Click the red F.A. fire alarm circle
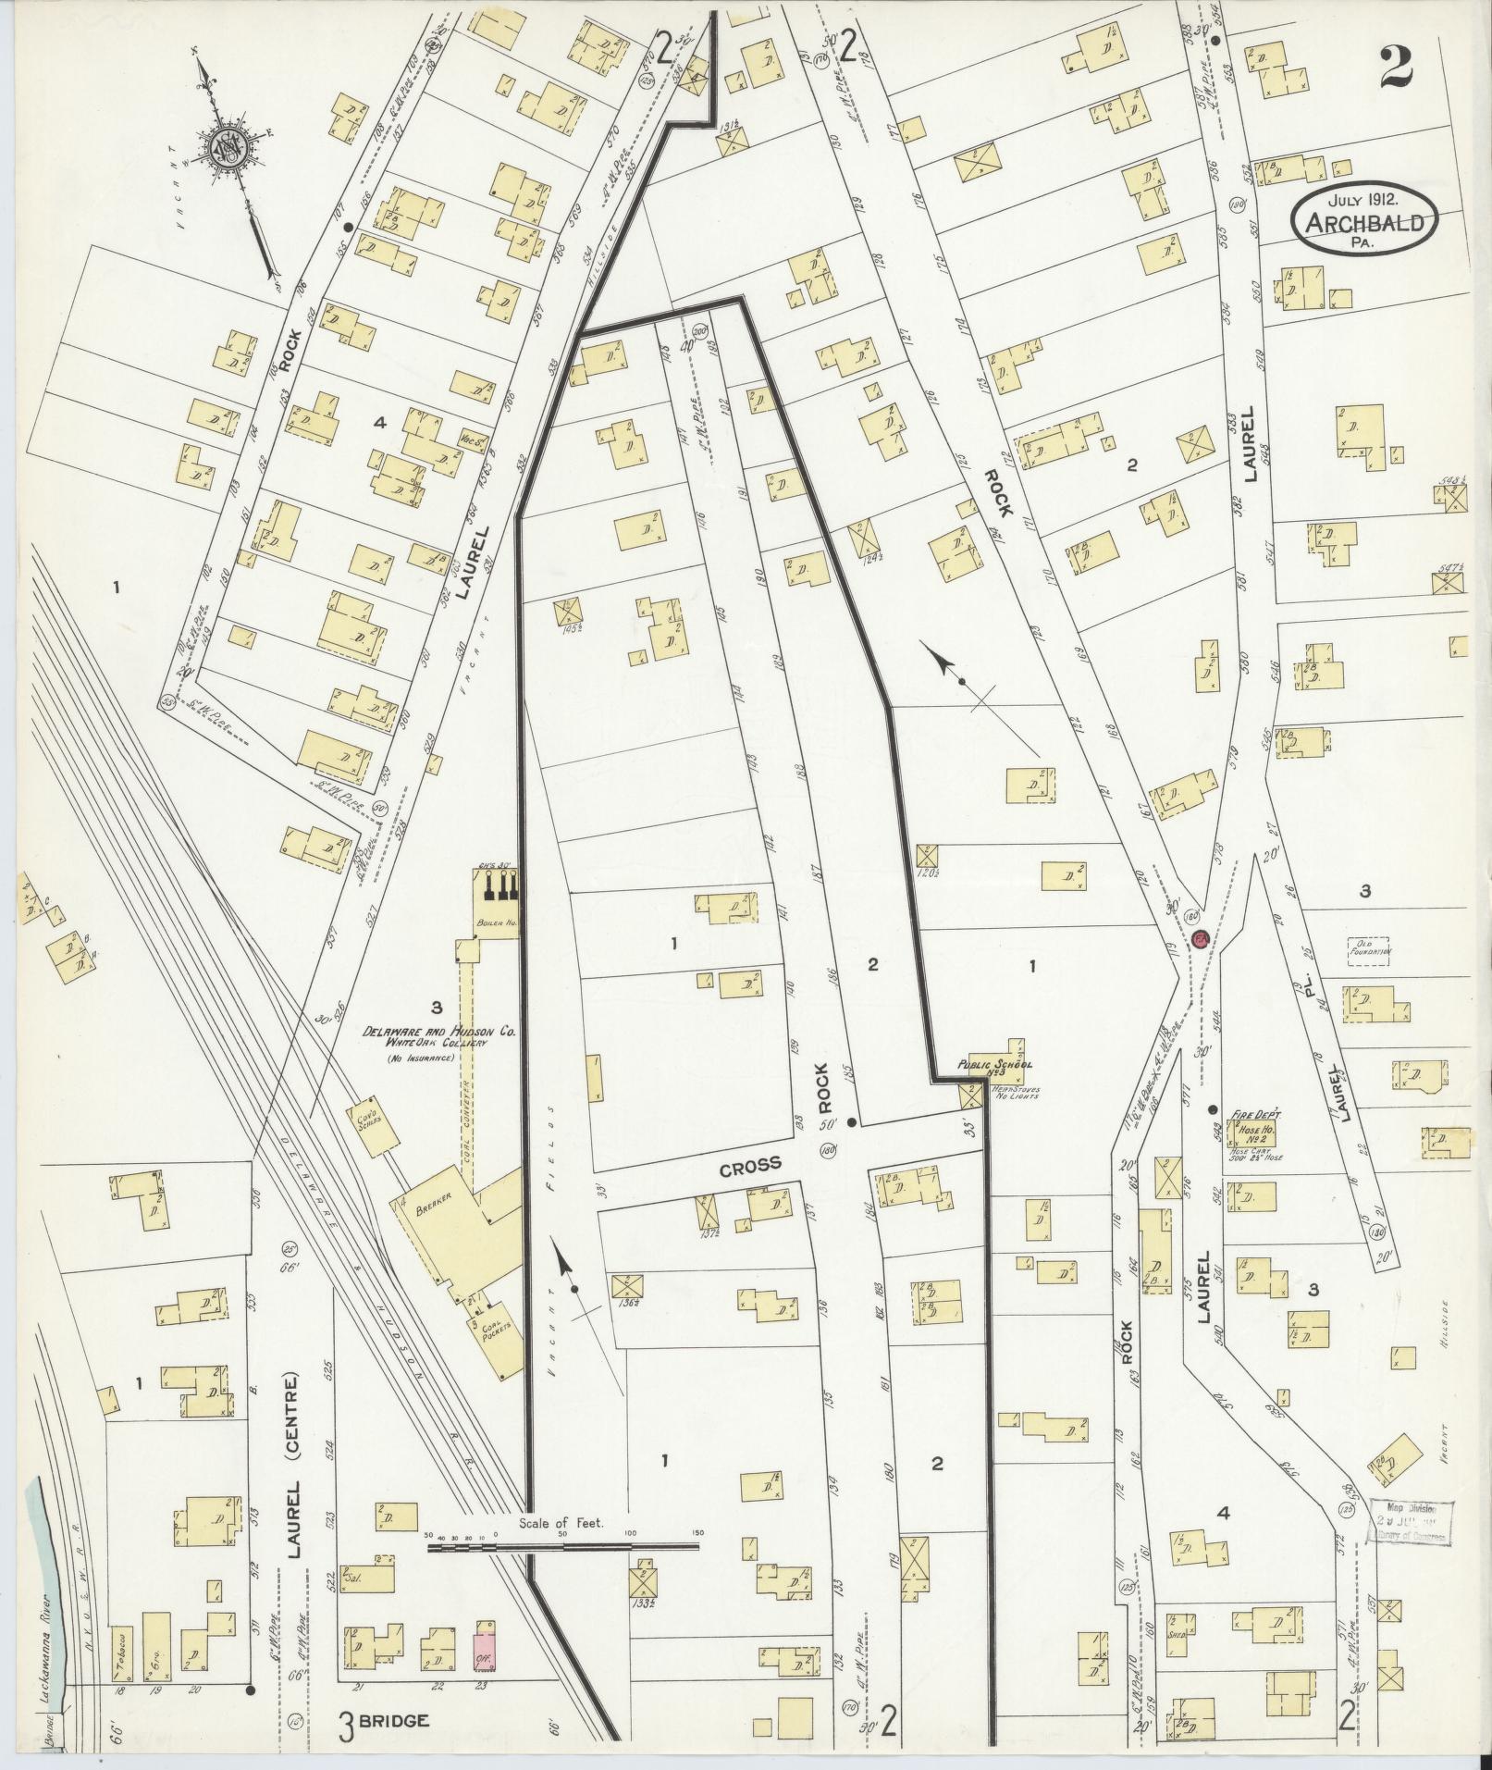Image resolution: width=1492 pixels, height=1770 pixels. [1202, 938]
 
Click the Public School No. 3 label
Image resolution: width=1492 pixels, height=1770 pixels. [987, 1065]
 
